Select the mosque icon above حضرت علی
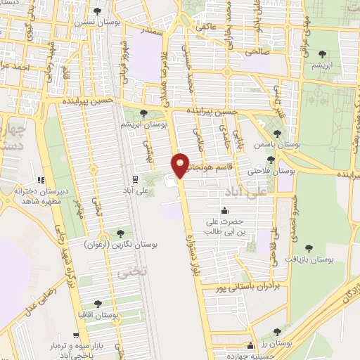click(x=224, y=210)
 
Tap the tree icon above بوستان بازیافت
click(x=308, y=247)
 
